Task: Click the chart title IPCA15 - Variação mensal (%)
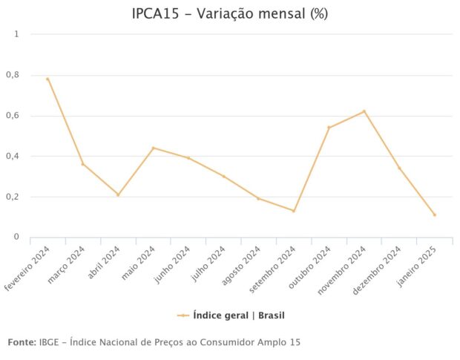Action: click(229, 13)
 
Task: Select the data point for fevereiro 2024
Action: click(47, 79)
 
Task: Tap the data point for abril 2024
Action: click(118, 194)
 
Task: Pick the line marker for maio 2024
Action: click(153, 148)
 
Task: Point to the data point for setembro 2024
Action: click(294, 211)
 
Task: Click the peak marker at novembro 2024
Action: click(364, 111)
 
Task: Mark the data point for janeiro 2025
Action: click(435, 215)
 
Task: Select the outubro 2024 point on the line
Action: click(329, 128)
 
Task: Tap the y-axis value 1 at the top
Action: click(16, 34)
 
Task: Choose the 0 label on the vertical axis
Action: click(16, 237)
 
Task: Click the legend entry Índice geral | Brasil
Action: click(231, 315)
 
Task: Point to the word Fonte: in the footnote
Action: click(22, 342)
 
